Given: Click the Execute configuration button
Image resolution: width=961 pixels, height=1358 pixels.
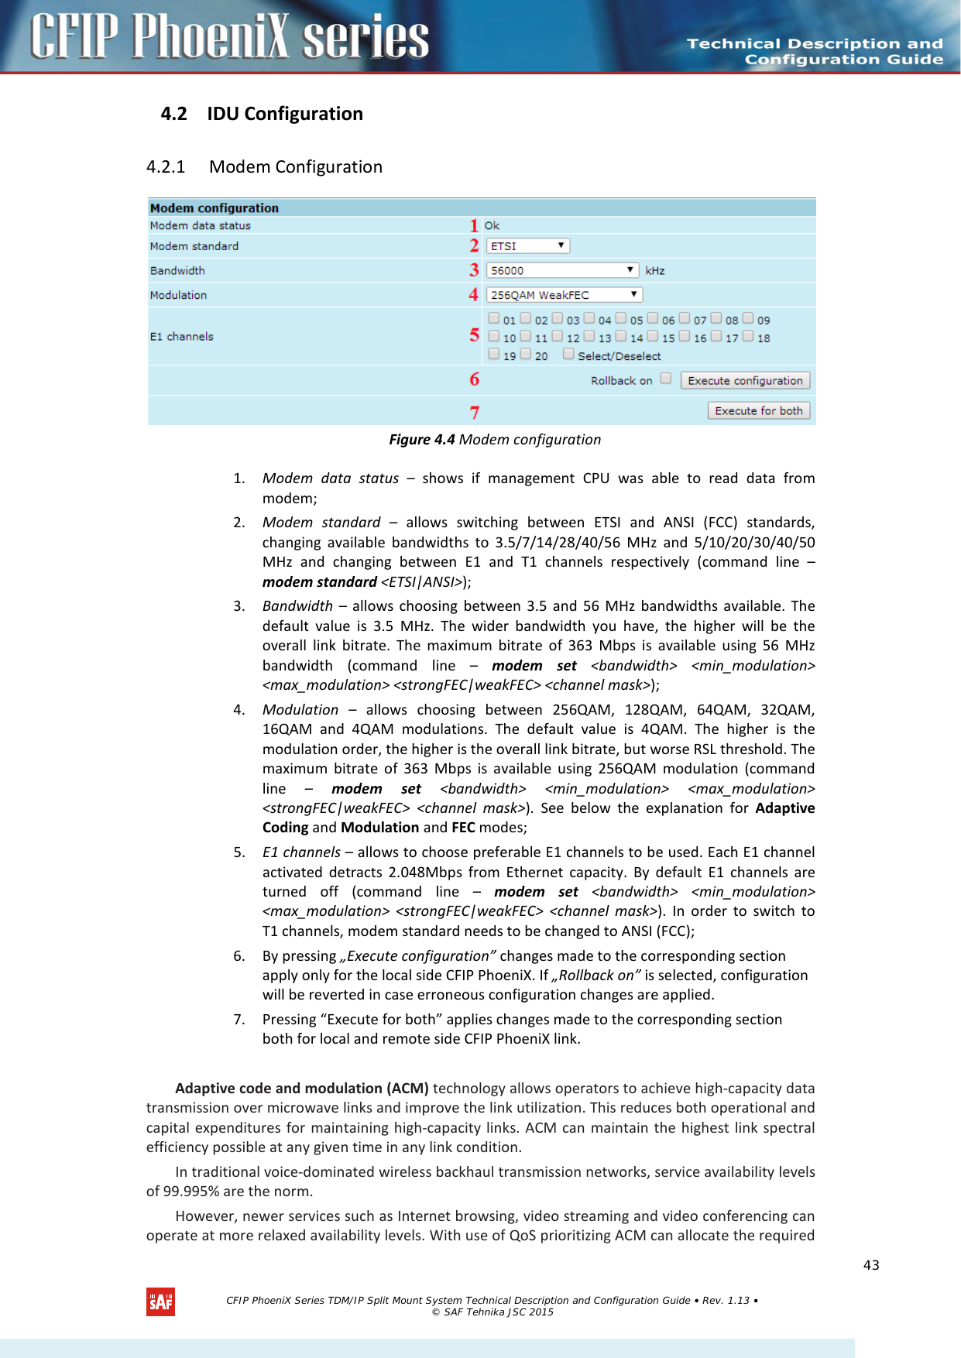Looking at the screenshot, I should [x=745, y=380].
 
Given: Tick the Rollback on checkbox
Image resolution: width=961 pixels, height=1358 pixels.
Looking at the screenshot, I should [x=665, y=379].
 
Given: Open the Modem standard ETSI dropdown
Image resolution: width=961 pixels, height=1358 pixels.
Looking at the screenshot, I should [x=527, y=245].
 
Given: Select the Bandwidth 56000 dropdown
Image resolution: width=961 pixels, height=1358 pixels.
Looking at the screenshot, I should [x=562, y=270].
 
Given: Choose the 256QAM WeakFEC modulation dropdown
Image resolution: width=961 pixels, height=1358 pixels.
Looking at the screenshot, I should [x=564, y=295].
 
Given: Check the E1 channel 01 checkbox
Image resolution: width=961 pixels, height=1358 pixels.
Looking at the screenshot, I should [x=494, y=317].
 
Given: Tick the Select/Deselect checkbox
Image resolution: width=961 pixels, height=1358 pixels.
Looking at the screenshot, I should [x=568, y=354].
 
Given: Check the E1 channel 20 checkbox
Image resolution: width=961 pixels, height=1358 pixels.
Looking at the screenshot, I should [x=526, y=354].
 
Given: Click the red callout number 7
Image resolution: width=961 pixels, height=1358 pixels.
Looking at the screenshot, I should [x=474, y=413].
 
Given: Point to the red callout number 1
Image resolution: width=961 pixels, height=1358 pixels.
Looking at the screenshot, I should [x=474, y=225].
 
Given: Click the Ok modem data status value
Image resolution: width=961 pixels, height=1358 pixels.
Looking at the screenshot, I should [x=492, y=225].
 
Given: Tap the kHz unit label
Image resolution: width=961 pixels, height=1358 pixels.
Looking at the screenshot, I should [x=654, y=270].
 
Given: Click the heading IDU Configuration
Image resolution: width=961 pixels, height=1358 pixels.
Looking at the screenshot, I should [x=284, y=114].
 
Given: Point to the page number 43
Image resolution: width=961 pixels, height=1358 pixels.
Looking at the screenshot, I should [x=871, y=1264].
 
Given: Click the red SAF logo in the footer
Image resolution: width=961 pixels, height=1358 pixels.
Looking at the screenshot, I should [x=160, y=1302].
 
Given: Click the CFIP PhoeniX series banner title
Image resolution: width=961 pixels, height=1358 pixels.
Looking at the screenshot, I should [x=229, y=37].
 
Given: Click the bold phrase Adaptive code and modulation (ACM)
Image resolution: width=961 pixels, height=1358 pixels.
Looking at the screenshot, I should [x=302, y=1088].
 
